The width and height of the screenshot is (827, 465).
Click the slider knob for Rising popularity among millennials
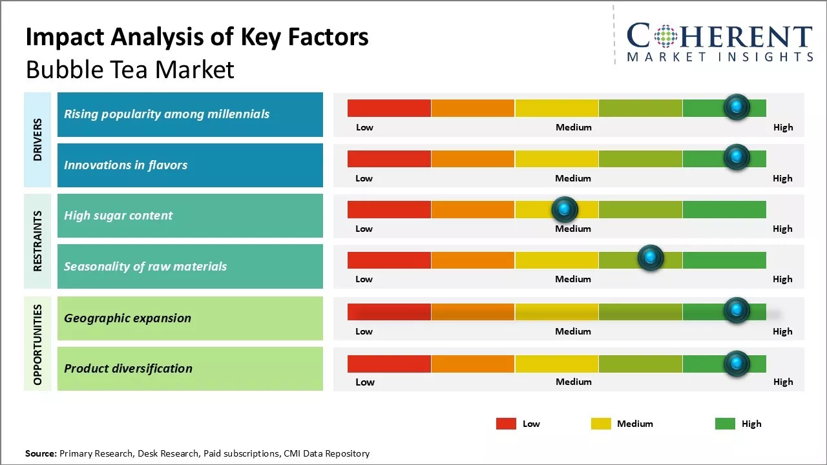tap(737, 107)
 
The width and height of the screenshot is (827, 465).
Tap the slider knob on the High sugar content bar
tap(565, 209)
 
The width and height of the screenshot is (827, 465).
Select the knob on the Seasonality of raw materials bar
tap(651, 258)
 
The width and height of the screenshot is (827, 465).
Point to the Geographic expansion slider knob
tap(737, 311)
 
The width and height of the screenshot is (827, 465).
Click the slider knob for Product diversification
tap(737, 364)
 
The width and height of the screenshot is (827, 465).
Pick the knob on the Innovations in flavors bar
tap(737, 157)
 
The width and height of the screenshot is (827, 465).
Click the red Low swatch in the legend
tap(506, 424)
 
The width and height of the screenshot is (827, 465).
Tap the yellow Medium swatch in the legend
tap(601, 424)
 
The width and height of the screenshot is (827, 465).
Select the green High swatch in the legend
tap(725, 424)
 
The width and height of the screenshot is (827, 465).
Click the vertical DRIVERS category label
tap(37, 139)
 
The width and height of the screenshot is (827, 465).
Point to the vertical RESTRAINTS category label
tap(37, 241)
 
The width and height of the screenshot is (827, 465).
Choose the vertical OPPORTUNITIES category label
tap(37, 344)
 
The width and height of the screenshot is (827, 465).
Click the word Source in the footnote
tap(41, 453)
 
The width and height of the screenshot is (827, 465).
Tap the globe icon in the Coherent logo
tap(665, 37)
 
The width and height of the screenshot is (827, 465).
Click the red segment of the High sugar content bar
tap(389, 209)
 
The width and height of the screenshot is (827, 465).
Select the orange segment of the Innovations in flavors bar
tap(473, 158)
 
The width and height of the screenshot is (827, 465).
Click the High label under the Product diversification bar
tap(783, 382)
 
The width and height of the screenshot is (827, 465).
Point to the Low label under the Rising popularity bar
tap(364, 127)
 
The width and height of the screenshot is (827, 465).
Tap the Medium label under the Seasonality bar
tap(573, 279)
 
